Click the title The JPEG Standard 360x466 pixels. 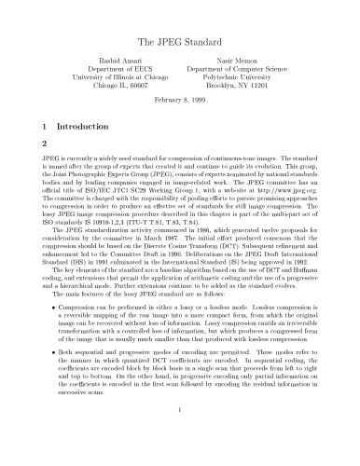click(x=180, y=42)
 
